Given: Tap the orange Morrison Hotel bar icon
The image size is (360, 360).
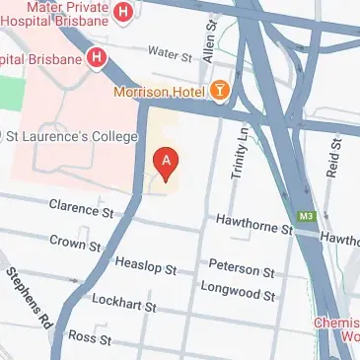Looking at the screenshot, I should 219,92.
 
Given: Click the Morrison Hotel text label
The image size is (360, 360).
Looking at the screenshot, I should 158,92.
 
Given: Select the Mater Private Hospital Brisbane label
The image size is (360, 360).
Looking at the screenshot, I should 54,12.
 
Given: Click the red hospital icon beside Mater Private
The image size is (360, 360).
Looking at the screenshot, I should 123,13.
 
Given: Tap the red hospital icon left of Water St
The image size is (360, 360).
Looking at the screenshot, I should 97,57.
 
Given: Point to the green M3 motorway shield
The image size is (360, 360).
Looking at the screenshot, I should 307,215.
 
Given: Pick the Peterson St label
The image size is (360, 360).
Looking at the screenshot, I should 241,269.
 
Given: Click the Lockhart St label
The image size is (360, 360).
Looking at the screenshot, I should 122,306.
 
